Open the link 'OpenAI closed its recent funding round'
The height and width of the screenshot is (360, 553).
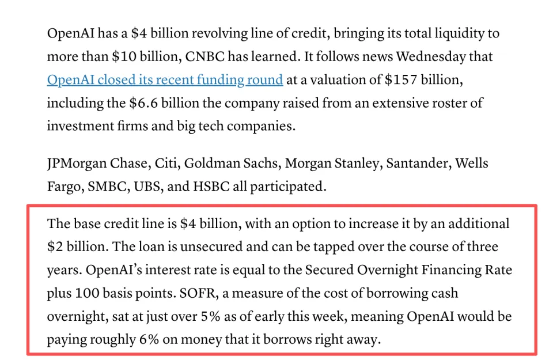pos(165,79)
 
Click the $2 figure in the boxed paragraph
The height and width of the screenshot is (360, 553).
pos(54,247)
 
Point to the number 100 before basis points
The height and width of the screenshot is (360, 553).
pos(85,293)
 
